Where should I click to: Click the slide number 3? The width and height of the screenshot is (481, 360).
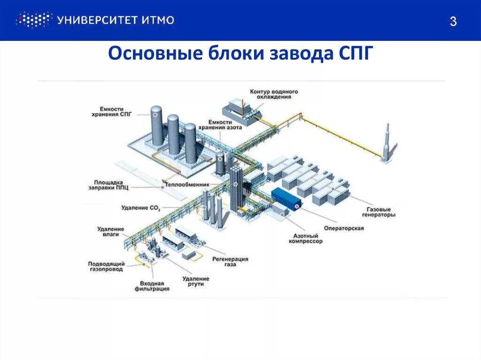[x=453, y=22]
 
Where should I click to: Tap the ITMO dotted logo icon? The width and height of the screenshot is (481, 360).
[x=33, y=20]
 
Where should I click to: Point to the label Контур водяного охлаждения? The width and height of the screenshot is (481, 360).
[x=274, y=94]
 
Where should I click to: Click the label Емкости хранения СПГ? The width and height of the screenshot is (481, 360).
[x=115, y=111]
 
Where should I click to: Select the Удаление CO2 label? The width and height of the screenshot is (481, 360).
[x=141, y=208]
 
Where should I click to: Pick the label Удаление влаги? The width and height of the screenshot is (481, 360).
[x=111, y=231]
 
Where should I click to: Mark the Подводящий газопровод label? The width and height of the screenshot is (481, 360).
[x=106, y=267]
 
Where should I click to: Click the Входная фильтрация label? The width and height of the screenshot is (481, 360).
[x=152, y=286]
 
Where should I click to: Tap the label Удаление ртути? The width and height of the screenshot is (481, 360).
[x=196, y=282]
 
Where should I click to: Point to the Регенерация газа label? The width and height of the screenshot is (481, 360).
[x=230, y=261]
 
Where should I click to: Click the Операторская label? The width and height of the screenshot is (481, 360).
[x=344, y=228]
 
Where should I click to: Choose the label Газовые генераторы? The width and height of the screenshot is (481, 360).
[x=379, y=212]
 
